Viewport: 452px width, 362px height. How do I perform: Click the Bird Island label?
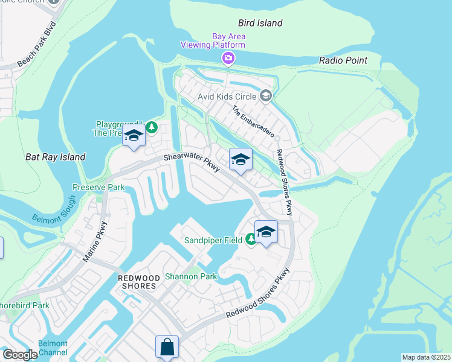260,23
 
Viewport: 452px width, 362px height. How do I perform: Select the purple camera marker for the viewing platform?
228,58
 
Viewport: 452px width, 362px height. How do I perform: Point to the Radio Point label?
343,60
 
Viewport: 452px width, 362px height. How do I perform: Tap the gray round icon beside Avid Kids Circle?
265,96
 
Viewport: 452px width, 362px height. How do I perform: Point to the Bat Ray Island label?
55,157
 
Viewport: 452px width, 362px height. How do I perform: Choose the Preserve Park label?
98,187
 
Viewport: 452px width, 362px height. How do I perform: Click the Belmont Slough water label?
54,211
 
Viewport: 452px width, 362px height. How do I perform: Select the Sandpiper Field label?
213,240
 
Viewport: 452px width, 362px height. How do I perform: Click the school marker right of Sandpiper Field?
266,232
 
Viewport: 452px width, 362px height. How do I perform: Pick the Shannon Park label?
191,276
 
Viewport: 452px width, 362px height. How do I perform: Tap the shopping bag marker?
167,347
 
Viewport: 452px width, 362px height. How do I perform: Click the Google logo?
20,355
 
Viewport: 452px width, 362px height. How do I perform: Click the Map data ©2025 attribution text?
426,357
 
